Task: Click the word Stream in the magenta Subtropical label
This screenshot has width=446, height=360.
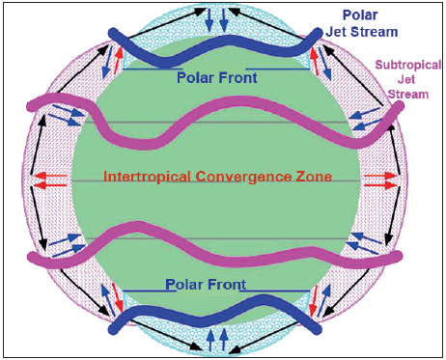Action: tap(406, 94)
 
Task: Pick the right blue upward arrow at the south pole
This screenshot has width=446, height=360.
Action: tap(223, 339)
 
